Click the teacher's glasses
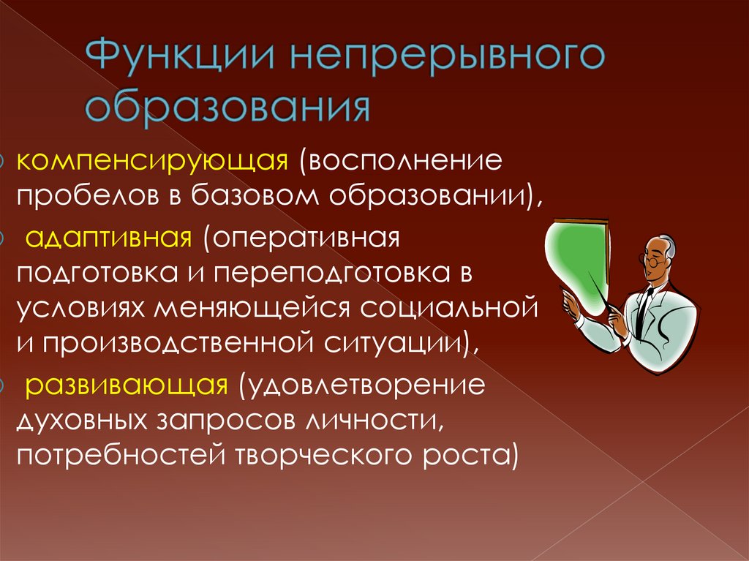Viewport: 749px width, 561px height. [x=653, y=257]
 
